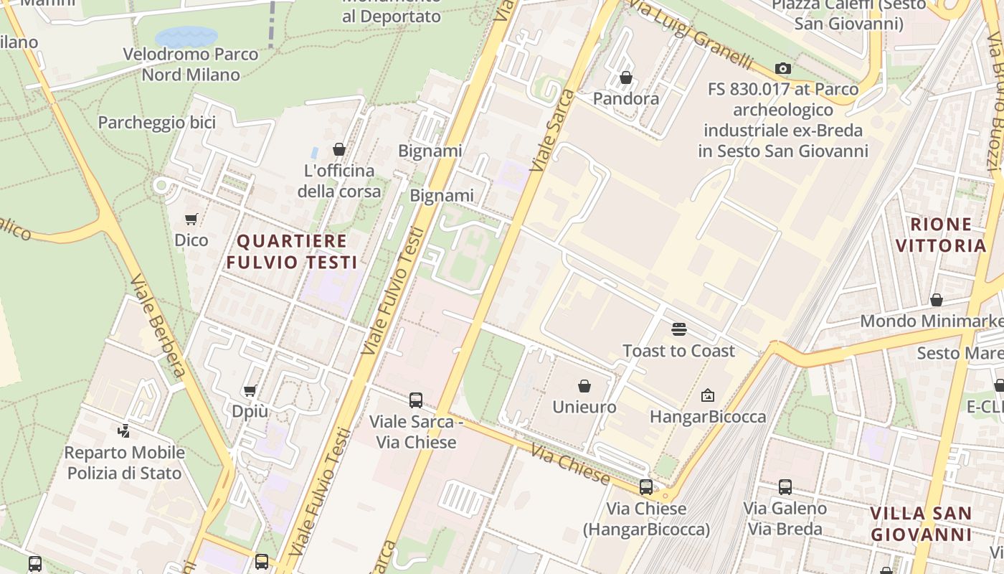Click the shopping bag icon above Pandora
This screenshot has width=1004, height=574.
[626, 77]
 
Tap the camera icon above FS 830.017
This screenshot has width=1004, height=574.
[783, 69]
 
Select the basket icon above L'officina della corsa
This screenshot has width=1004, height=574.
[339, 149]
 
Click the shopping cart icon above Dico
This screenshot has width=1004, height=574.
[191, 219]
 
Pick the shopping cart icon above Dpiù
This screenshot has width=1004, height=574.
[250, 390]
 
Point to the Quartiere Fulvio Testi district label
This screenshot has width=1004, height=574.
[291, 251]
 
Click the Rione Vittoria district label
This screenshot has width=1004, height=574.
[941, 235]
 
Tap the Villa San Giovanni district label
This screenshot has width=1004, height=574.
[921, 524]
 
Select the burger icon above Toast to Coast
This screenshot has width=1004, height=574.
[678, 329]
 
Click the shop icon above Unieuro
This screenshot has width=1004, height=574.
[584, 386]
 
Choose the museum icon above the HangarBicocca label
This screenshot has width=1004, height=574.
[708, 395]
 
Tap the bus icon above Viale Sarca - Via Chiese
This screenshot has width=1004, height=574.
[415, 400]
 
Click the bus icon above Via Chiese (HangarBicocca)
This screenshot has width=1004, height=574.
[646, 487]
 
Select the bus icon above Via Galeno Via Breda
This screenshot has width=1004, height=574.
[785, 487]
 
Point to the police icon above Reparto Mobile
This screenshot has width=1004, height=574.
[124, 431]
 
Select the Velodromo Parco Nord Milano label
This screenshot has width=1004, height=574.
[190, 64]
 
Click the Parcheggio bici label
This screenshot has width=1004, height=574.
[156, 123]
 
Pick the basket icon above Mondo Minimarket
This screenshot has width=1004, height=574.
[936, 299]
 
